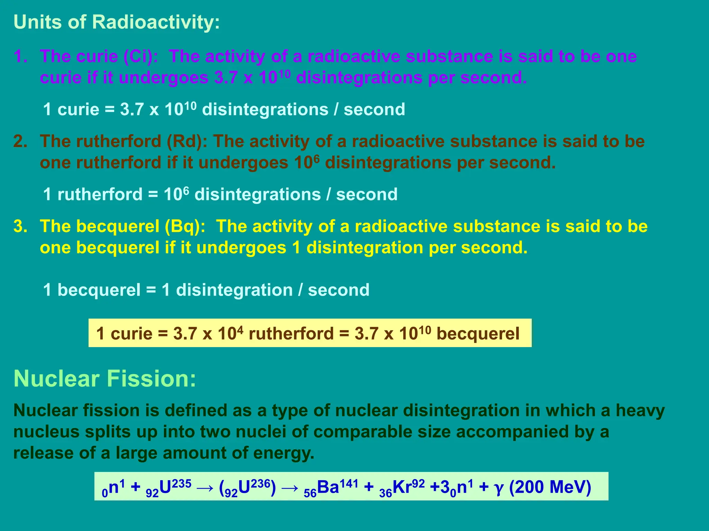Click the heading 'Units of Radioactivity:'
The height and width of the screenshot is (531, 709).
click(x=117, y=22)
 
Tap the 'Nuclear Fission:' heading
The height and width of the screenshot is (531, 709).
click(x=105, y=379)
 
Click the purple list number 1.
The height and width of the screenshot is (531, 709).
click(x=20, y=56)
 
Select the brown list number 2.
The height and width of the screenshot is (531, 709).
click(x=20, y=141)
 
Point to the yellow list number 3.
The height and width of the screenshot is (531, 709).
click(x=20, y=226)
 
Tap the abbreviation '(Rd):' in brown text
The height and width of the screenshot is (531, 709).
click(x=187, y=141)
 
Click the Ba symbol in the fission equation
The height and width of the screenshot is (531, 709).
click(x=328, y=487)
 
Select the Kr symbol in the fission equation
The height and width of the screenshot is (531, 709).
click(x=402, y=487)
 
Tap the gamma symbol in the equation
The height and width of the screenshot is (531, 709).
click(x=499, y=488)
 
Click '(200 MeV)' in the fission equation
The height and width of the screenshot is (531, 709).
click(x=550, y=487)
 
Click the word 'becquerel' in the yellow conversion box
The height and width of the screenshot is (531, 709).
click(x=478, y=334)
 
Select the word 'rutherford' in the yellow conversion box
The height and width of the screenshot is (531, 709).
click(x=291, y=334)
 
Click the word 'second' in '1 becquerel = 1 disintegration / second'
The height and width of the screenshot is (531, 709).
click(x=339, y=290)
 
